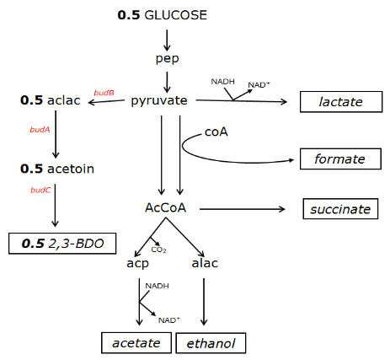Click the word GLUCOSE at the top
coord(176,15)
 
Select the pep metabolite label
coord(168,59)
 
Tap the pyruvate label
coord(159,101)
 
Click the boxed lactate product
coord(341,102)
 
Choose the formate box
coord(340,159)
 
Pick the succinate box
coord(340,209)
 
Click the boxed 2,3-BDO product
coord(62,244)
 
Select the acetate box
coord(136,343)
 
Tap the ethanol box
coord(211,343)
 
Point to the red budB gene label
coord(104,93)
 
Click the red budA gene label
coord(40,130)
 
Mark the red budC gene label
coord(40,191)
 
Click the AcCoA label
coord(166,208)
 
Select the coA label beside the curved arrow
coord(216,132)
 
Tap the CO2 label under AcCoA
coord(158,250)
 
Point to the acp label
coord(137,264)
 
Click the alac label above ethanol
coord(205,263)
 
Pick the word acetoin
coord(71,169)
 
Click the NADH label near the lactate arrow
coord(222,82)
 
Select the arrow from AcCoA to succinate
coord(243,209)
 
